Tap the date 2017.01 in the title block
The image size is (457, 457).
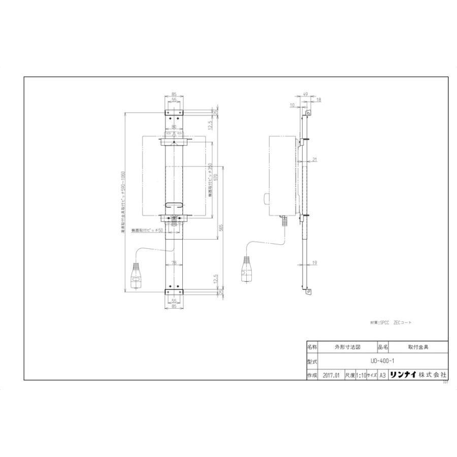tap(330, 375)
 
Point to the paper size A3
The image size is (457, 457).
tap(383, 375)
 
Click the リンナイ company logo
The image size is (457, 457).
tap(403, 375)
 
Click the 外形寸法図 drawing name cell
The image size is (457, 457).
tap(347, 348)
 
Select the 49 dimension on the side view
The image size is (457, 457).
tap(306, 94)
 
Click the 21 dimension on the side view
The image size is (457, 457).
tap(315, 159)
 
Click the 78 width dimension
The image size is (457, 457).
tap(174, 263)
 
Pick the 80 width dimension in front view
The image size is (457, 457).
tap(174, 127)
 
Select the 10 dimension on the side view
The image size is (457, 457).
tap(292, 106)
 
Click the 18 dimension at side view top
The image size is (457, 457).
tap(318, 100)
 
